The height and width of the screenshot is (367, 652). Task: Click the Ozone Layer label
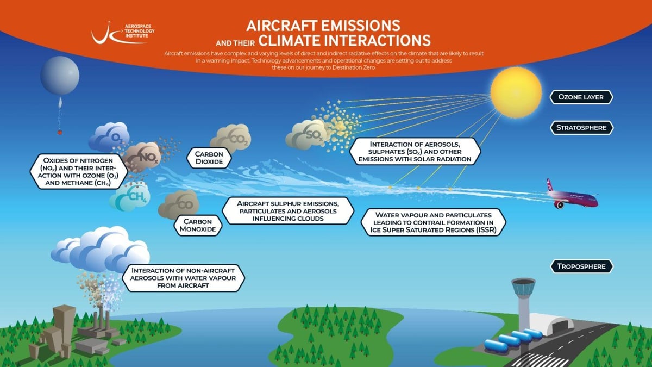click(x=581, y=97)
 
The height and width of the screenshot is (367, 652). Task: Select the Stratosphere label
click(x=581, y=128)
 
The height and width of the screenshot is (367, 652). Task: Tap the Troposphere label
click(x=581, y=266)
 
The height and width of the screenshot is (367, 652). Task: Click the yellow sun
click(x=516, y=92)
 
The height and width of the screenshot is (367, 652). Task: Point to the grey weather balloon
click(x=60, y=76)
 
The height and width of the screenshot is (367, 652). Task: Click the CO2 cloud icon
click(x=231, y=139)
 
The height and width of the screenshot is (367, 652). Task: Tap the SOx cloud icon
click(x=306, y=135)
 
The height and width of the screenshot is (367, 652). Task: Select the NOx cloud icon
click(x=142, y=157)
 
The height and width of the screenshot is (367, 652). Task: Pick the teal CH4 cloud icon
click(x=130, y=196)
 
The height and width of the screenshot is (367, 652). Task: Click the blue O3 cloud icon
click(x=109, y=137)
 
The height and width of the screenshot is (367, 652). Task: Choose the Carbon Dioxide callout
click(x=209, y=158)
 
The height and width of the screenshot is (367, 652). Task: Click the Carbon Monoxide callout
click(x=198, y=226)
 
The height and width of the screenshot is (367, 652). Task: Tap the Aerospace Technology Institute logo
click(x=123, y=33)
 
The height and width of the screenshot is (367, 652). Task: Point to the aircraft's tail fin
click(x=549, y=185)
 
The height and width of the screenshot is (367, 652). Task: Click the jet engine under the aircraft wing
click(x=559, y=204)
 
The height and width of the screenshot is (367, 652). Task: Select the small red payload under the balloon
click(x=60, y=132)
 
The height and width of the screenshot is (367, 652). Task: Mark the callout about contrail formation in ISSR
click(x=434, y=222)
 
